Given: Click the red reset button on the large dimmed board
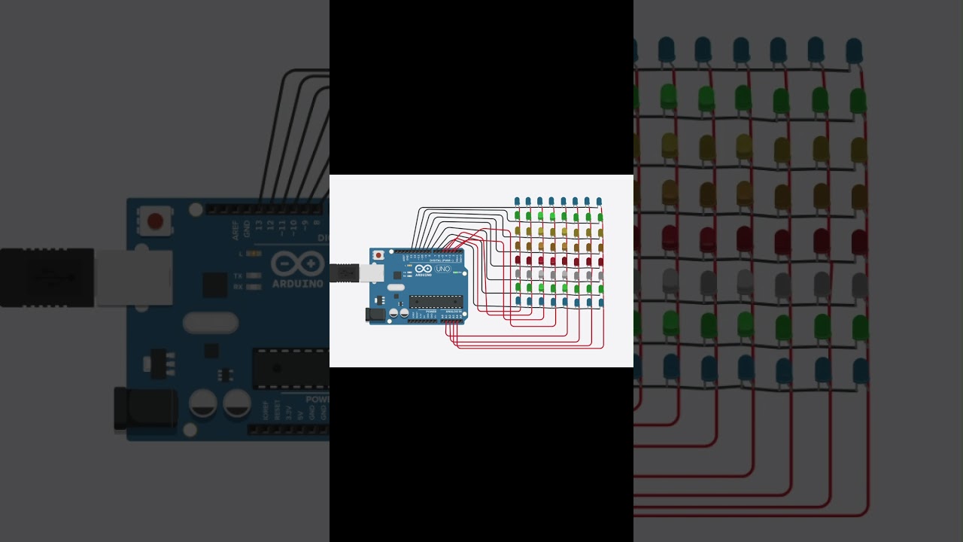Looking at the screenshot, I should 155,221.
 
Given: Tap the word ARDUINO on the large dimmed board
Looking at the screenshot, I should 298,284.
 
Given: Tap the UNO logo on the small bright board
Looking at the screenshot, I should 442,269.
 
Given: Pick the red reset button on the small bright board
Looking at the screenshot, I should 378,255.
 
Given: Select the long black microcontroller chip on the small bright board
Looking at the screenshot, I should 435,302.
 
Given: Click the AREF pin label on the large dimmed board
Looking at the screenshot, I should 235,230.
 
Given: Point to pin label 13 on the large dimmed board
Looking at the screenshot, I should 259,224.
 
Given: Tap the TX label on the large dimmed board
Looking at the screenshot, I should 238,276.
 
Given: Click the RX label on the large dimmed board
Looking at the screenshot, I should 238,287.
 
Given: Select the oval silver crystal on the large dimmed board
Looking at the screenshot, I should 211,323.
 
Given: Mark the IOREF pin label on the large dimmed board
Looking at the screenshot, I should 265,411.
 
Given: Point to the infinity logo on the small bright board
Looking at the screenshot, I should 424,269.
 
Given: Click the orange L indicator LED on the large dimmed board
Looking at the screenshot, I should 254,254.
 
